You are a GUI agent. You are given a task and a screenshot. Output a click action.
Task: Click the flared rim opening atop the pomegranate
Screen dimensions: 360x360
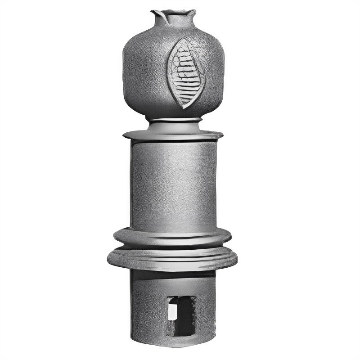click(x=174, y=12)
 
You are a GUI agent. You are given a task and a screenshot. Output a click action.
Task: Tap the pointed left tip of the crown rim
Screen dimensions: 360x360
click(x=153, y=11)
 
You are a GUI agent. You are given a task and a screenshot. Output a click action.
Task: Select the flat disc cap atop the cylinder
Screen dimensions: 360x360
click(x=173, y=135)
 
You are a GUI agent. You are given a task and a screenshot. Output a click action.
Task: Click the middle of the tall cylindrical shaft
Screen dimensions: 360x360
click(x=174, y=184)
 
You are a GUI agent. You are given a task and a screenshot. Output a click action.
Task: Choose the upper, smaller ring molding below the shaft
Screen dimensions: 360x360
click(x=172, y=237)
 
